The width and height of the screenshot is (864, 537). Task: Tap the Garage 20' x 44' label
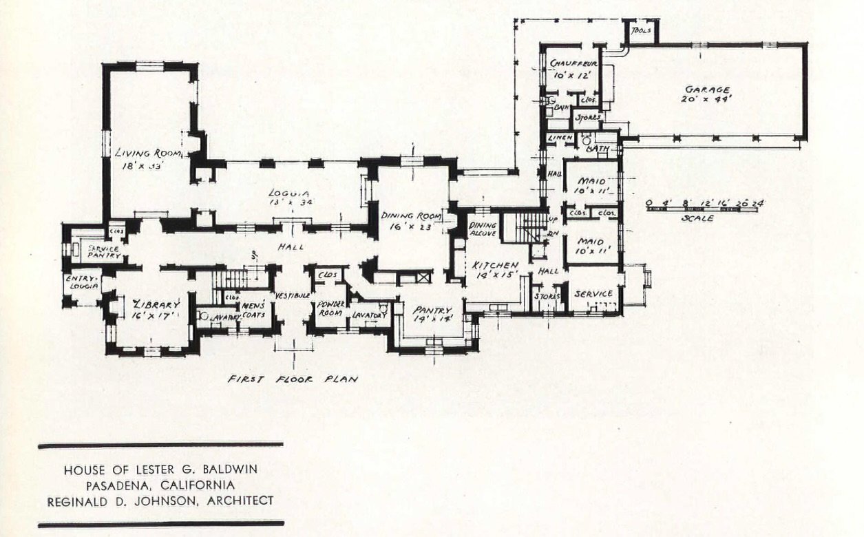(x=707, y=94)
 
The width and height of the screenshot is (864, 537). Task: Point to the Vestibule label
(x=290, y=295)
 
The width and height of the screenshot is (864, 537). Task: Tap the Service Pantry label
(x=103, y=252)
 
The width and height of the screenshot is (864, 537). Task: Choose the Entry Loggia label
(x=81, y=282)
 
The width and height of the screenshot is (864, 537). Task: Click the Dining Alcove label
(x=483, y=229)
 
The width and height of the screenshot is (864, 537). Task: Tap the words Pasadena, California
(x=160, y=485)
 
